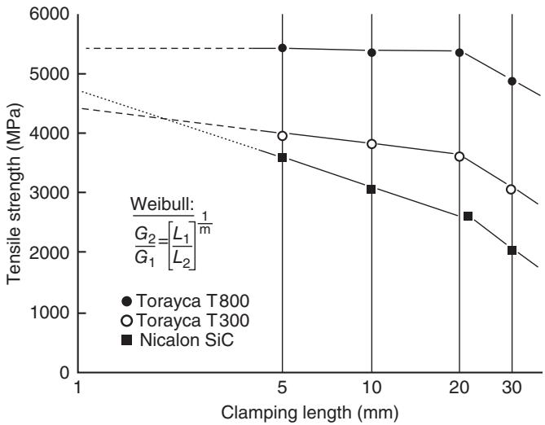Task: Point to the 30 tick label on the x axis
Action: (x=512, y=388)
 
